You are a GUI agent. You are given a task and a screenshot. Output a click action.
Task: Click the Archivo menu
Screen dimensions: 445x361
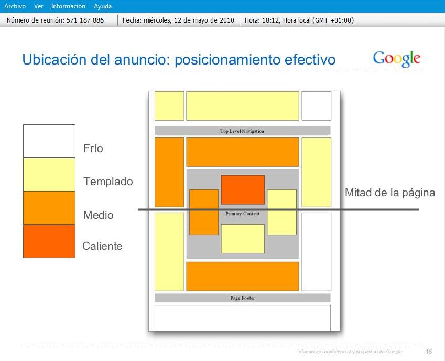click(x=15, y=6)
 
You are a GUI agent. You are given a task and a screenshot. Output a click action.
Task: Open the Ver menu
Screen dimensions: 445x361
click(x=38, y=6)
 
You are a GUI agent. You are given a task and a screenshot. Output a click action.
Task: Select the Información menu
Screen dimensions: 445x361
click(x=68, y=6)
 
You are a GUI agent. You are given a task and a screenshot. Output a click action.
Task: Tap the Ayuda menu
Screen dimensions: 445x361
click(x=102, y=6)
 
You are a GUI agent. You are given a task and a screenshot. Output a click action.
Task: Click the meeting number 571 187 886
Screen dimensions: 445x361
click(x=85, y=20)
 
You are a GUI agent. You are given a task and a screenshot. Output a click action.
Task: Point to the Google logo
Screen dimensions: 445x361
click(x=396, y=59)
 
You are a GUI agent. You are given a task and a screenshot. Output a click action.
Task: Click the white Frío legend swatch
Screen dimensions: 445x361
click(x=49, y=141)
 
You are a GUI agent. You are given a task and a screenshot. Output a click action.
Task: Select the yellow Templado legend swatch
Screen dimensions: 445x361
click(x=49, y=175)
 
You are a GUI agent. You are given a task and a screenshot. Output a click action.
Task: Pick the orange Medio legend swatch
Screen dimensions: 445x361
click(x=49, y=208)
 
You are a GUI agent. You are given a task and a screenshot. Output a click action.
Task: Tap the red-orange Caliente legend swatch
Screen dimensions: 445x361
click(x=49, y=241)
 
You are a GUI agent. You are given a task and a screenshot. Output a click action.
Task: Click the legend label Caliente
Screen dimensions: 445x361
click(x=102, y=246)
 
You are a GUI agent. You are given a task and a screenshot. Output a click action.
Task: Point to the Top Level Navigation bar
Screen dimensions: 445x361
click(x=242, y=131)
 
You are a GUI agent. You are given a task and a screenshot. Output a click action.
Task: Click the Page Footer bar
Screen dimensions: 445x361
click(x=242, y=298)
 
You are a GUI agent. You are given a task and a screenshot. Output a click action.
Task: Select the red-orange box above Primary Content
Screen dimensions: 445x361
click(x=243, y=189)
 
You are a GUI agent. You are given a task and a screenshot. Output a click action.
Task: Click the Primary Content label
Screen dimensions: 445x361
click(x=243, y=214)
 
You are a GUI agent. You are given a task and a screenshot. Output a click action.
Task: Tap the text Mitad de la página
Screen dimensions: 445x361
click(x=390, y=193)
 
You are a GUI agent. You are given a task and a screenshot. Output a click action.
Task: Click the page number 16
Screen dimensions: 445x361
click(x=429, y=352)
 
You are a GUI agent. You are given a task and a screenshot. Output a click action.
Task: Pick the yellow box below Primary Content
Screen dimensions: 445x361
click(x=243, y=239)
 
